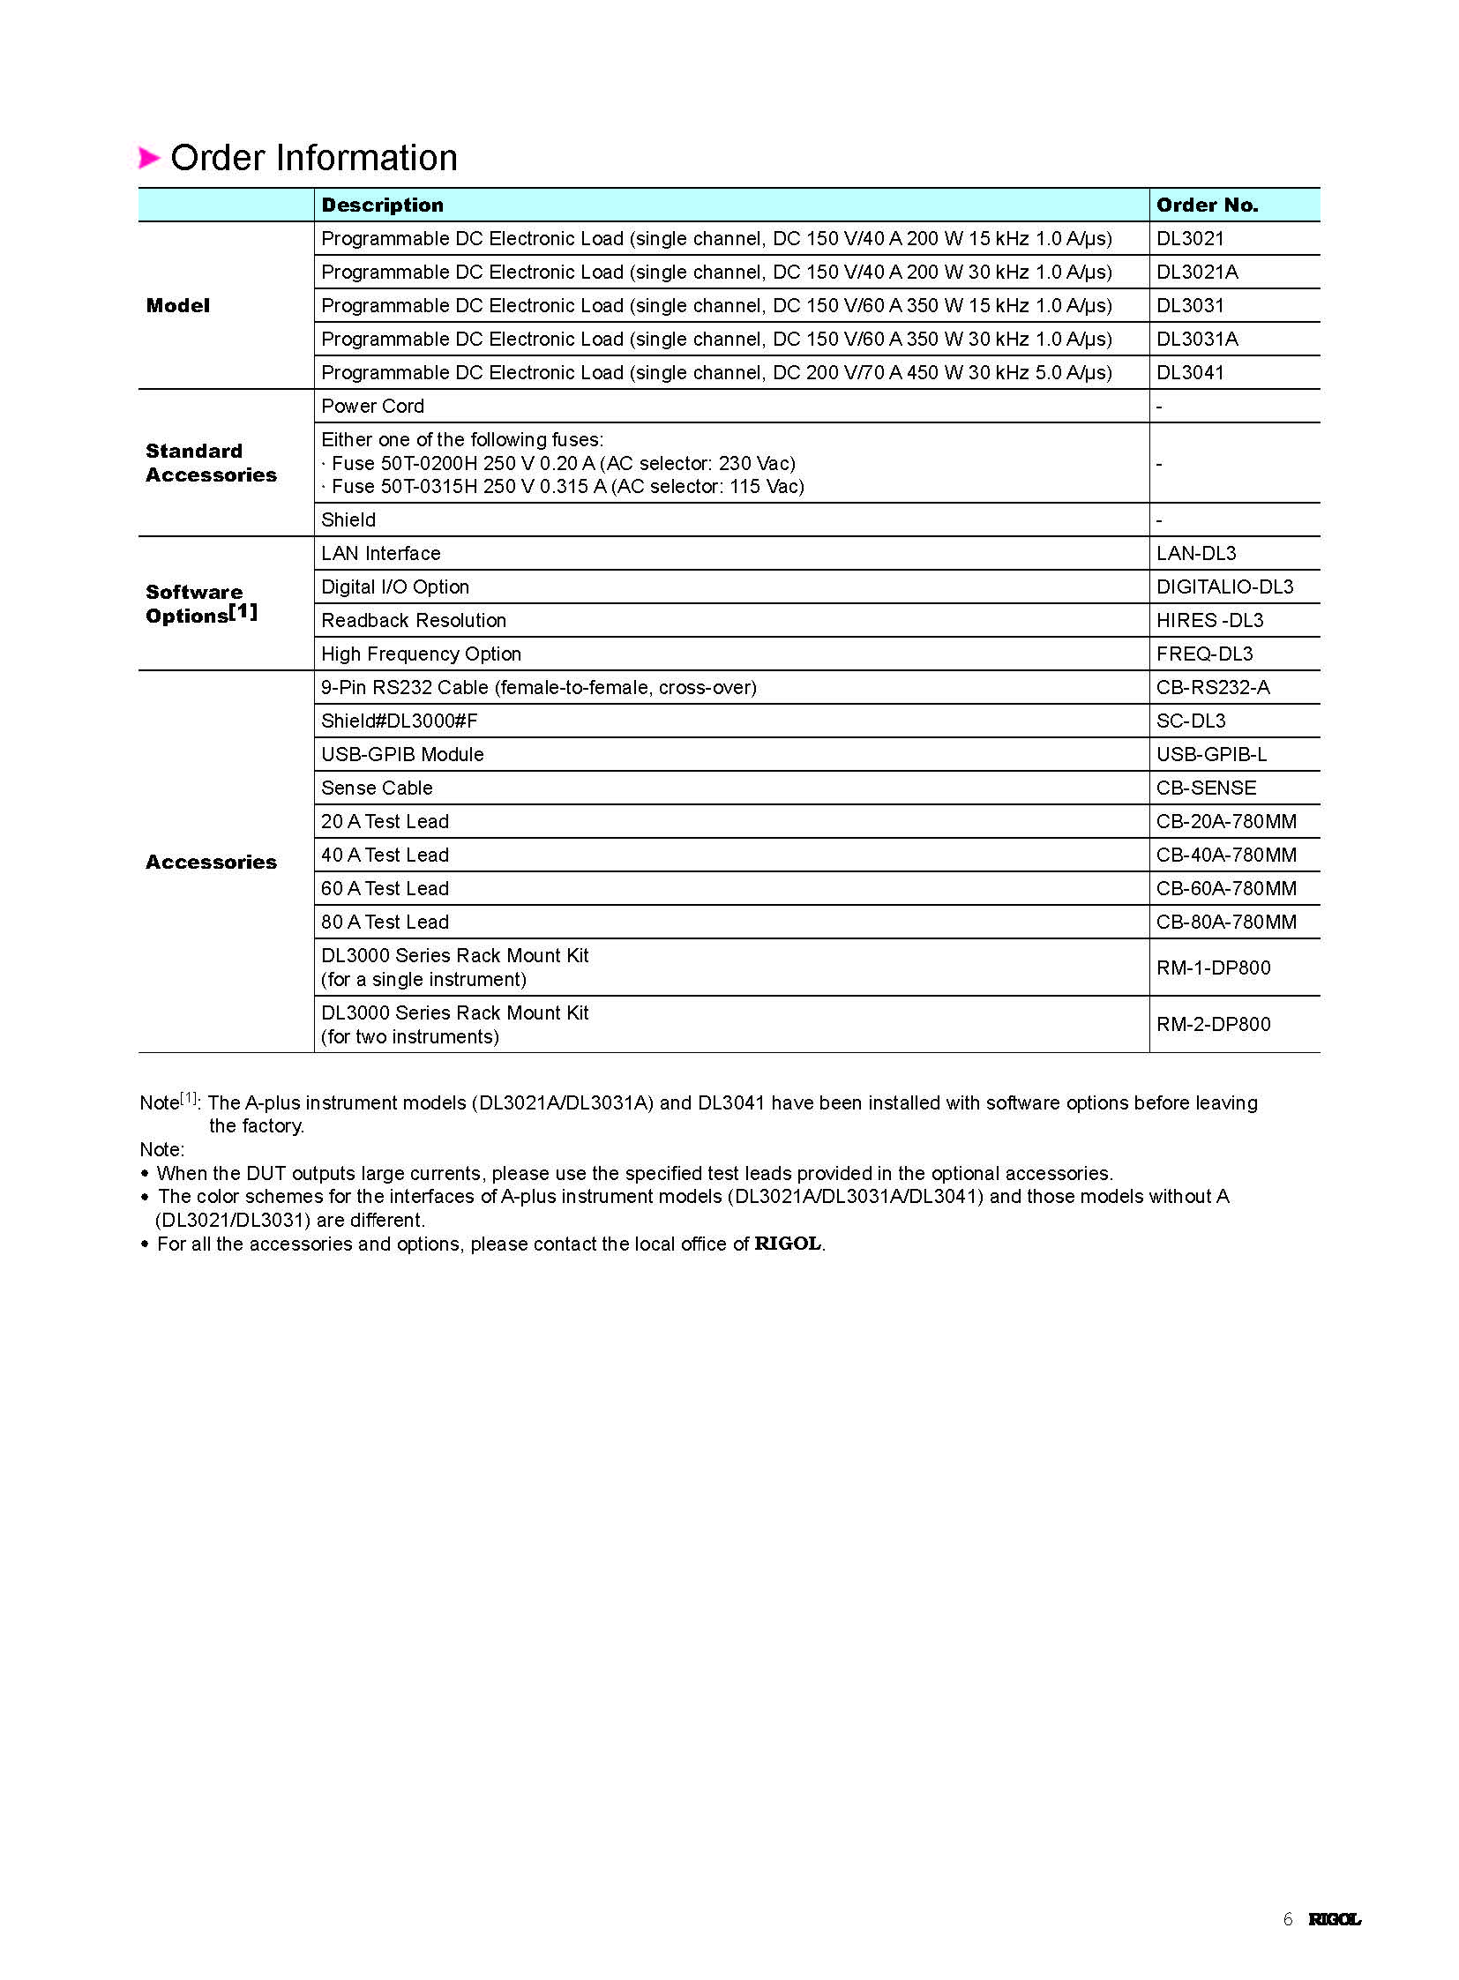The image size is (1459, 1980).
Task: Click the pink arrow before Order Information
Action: (x=148, y=158)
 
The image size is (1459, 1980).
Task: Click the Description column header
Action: (x=382, y=205)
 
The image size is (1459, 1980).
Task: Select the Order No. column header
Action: (x=1207, y=205)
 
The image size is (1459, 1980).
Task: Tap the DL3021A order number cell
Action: (x=1197, y=272)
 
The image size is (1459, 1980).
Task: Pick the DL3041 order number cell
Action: (x=1190, y=373)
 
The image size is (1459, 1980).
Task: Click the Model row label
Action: (x=177, y=305)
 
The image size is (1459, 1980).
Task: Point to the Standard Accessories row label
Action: (x=211, y=463)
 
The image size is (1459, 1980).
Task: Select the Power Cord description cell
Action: (x=373, y=407)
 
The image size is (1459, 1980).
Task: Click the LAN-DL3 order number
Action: (x=1196, y=554)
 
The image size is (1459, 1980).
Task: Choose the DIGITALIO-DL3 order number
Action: (x=1224, y=587)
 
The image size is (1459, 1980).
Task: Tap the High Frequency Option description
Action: (x=422, y=654)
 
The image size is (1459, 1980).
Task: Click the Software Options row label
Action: (x=201, y=604)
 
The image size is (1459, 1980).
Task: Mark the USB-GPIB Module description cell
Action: (x=402, y=755)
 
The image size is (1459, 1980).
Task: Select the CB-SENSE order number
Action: (x=1206, y=788)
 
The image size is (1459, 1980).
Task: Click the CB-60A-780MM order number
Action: (x=1226, y=889)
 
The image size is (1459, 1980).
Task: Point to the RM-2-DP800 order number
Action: (x=1213, y=1025)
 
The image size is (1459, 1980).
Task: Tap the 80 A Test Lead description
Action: (x=385, y=923)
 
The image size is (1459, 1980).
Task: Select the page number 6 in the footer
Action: (x=1288, y=1919)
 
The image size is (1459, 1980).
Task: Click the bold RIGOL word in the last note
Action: (x=788, y=1244)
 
